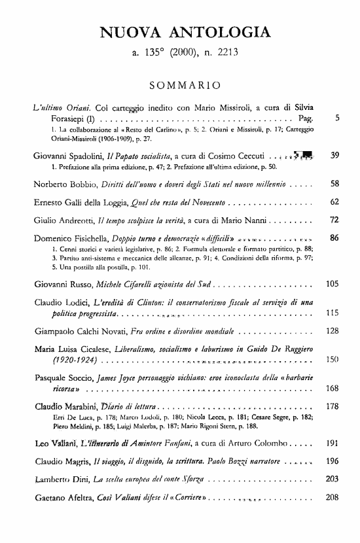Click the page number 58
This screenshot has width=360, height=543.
(x=334, y=184)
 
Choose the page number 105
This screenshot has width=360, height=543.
(x=332, y=285)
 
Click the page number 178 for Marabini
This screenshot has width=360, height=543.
(x=332, y=406)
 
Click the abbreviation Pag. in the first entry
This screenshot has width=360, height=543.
(x=306, y=120)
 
